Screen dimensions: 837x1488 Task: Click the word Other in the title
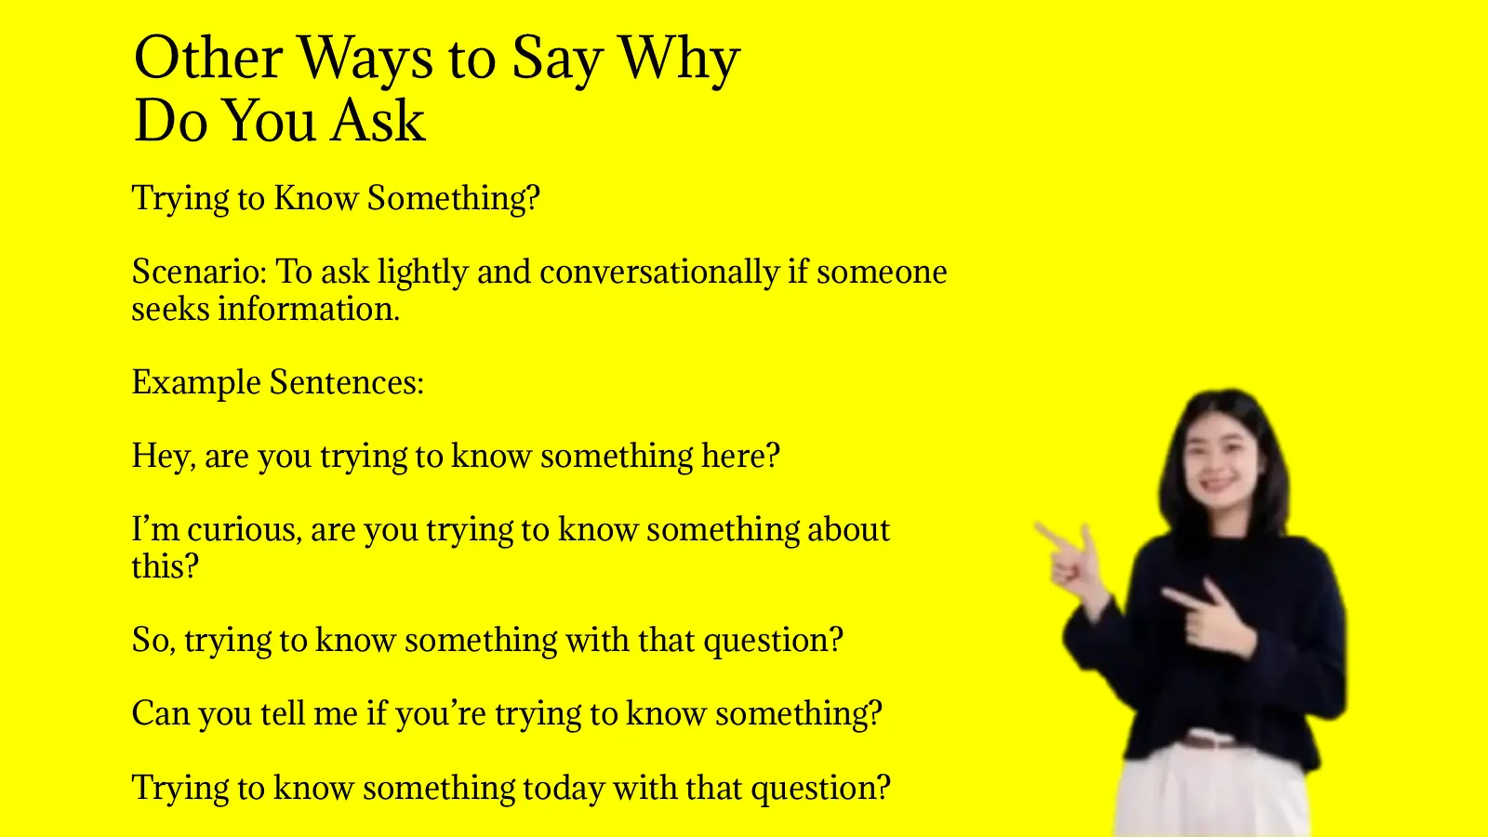click(x=207, y=58)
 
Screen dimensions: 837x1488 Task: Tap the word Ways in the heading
click(x=365, y=58)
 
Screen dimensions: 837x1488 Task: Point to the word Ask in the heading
click(x=379, y=121)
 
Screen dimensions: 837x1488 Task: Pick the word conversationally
click(x=658, y=272)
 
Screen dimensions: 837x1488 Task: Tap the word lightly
click(x=422, y=272)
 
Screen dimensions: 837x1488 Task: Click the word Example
click(x=195, y=382)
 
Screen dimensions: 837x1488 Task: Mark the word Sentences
click(x=346, y=382)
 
